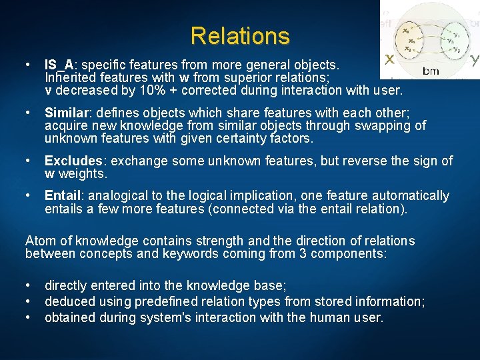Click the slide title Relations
[240, 35]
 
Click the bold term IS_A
[59, 65]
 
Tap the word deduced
[69, 301]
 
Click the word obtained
[70, 317]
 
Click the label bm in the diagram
[431, 70]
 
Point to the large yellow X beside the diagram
[389, 59]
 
